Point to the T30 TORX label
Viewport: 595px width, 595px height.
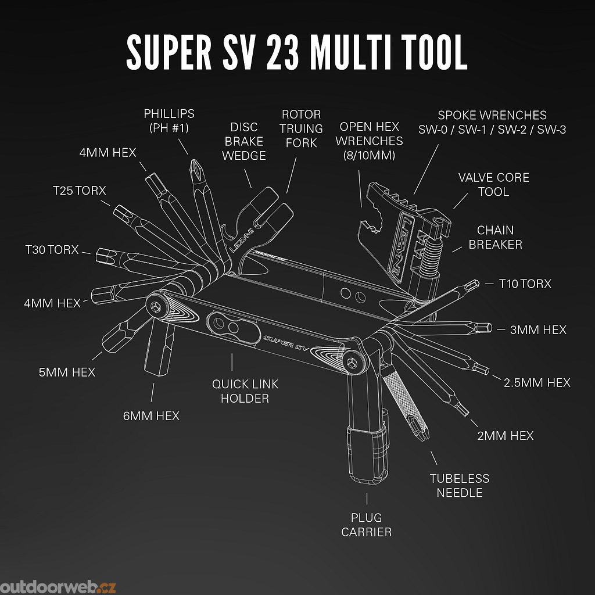(x=52, y=250)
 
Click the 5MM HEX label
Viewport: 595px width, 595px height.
(x=67, y=372)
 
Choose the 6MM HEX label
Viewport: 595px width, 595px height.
(x=150, y=415)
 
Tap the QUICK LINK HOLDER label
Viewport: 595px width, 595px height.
(x=245, y=391)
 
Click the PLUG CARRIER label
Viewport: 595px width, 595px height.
(x=366, y=524)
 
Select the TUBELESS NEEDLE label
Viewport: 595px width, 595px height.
(x=459, y=485)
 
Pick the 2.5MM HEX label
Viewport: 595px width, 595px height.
(x=537, y=382)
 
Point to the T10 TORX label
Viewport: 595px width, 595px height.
(x=525, y=284)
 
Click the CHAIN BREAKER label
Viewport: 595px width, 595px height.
(x=495, y=237)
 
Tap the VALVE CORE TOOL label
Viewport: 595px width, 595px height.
(x=493, y=184)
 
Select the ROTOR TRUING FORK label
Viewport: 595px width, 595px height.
(x=301, y=128)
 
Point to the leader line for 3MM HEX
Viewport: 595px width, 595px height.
(x=501, y=329)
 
